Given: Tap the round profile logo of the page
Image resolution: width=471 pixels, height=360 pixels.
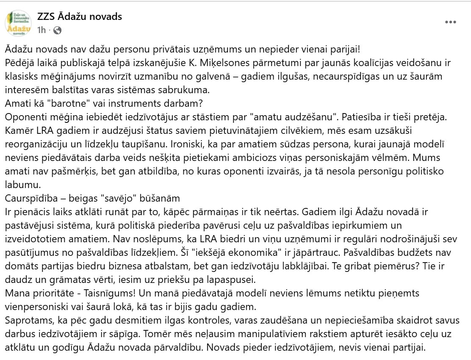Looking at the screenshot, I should (x=19, y=23).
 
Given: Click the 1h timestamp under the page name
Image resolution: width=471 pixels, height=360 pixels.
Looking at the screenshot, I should (x=41, y=30).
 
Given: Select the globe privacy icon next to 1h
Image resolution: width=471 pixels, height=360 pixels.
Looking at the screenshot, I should (x=58, y=30).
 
